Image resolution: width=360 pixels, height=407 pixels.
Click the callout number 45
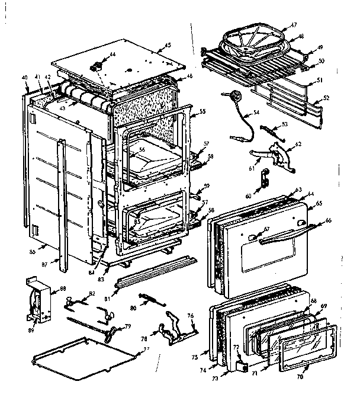pyautogui.click(x=168, y=45)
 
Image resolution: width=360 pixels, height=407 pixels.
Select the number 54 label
pyautogui.click(x=256, y=112)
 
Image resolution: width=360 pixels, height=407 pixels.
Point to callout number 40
pyautogui.click(x=24, y=78)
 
